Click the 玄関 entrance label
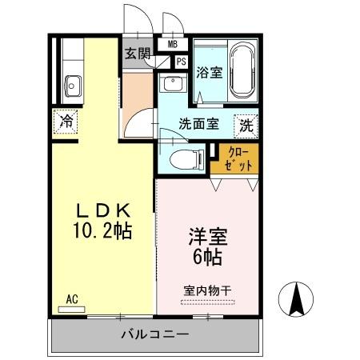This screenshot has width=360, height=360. coord(137,54)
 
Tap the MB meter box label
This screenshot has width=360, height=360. coord(172,45)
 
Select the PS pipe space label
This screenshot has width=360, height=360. coord(181,61)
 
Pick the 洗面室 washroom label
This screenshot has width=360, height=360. coord(198,124)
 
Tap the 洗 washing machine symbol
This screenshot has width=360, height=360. coord(246,125)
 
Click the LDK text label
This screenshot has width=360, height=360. coord(102,210)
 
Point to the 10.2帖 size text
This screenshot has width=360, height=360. coord(102,231)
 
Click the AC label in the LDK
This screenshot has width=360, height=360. coord(72,300)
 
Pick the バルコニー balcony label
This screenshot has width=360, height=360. coord(155,334)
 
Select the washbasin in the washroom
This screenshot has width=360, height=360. coord(171,84)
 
